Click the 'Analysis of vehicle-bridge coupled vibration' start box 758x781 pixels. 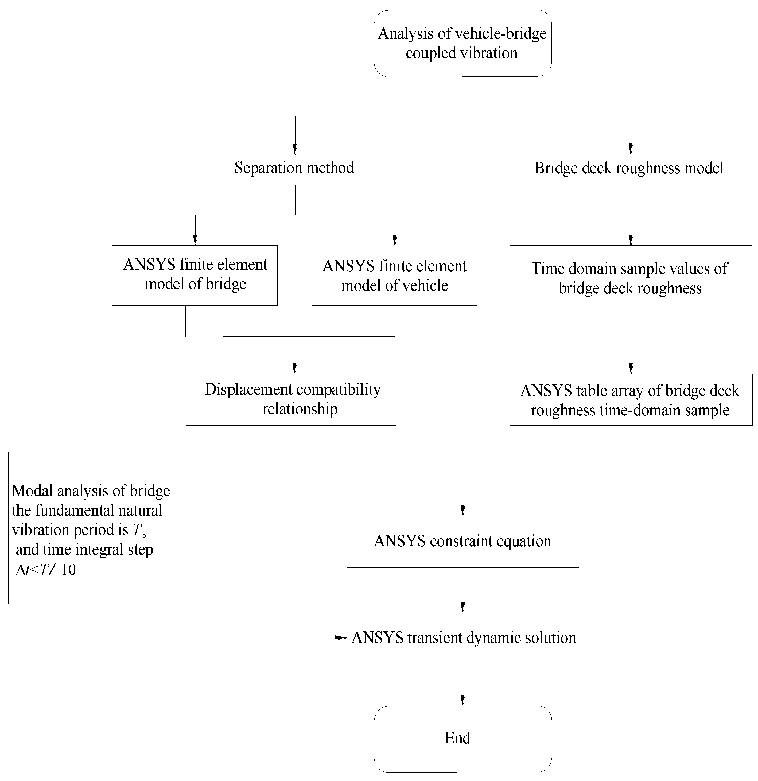coord(462,43)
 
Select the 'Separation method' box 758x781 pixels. coord(295,169)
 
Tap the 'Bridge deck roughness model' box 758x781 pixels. coord(631,169)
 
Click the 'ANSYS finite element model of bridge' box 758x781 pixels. coord(195,275)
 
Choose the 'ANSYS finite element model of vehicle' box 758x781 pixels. coord(394,275)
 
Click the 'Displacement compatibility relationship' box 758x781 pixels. coord(291,400)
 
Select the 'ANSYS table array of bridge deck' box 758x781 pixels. coord(631,400)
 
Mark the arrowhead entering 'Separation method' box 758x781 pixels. coord(295,150)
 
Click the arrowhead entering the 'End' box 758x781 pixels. coord(462,701)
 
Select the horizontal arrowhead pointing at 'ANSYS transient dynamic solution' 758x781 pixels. coord(341,638)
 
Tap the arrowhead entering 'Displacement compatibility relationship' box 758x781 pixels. coord(295,368)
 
